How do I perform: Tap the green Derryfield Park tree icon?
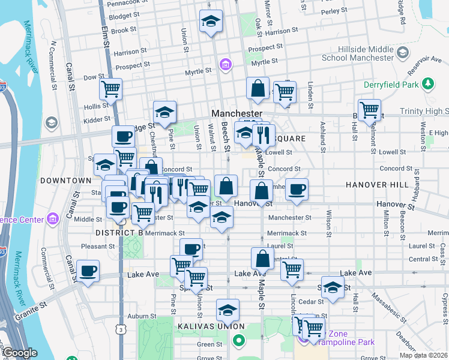[428, 82]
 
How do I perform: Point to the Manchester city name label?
[237, 113]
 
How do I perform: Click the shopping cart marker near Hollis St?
[111, 89]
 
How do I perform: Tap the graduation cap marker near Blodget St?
[211, 22]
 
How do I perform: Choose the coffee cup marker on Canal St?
[88, 271]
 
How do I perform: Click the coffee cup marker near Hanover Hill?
[297, 190]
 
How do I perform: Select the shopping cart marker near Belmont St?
[369, 110]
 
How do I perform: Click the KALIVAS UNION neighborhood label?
[202, 326]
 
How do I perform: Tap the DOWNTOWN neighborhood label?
[65, 181]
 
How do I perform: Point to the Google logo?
[20, 353]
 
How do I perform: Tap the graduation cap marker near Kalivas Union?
[228, 310]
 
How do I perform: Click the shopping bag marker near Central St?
[262, 259]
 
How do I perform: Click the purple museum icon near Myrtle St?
[225, 64]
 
